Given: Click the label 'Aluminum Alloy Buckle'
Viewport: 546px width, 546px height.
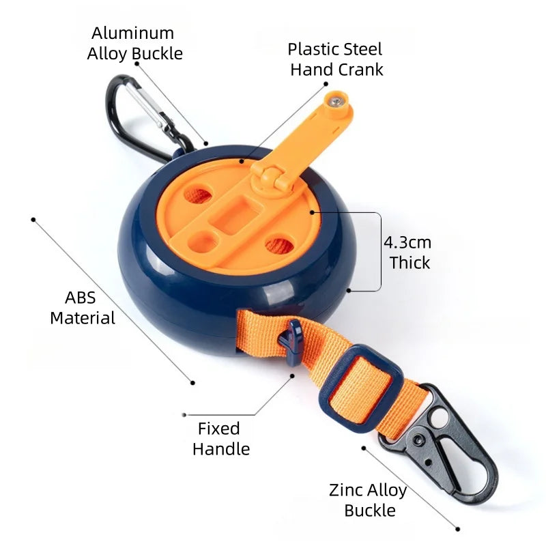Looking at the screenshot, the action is pos(134,44).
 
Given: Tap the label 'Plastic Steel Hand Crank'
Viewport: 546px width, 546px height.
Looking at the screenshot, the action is pos(336,59).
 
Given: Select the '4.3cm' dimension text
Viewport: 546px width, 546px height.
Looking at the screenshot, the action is pos(407,242).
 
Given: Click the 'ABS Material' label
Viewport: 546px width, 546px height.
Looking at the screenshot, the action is pos(83,308).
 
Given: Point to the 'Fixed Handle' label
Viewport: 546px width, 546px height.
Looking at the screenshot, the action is pos(221,439).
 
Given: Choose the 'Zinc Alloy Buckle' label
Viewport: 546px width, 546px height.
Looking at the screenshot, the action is pos(368,500).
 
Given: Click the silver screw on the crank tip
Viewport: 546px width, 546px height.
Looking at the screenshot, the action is pos(336,102).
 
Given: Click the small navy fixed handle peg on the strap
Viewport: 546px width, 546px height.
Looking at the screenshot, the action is pos(292,341).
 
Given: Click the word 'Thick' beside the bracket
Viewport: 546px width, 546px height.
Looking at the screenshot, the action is pos(410,263).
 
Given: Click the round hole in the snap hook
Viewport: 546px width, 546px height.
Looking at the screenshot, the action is pos(438,416).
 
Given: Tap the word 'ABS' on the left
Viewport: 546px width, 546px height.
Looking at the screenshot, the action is pos(80,298).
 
